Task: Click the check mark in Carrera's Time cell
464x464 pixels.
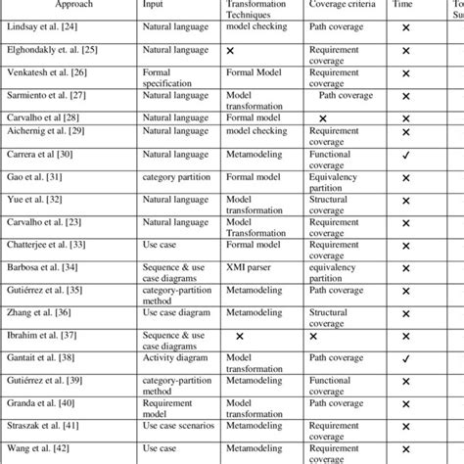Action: point(405,156)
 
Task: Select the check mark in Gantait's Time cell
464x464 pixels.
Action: point(405,358)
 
